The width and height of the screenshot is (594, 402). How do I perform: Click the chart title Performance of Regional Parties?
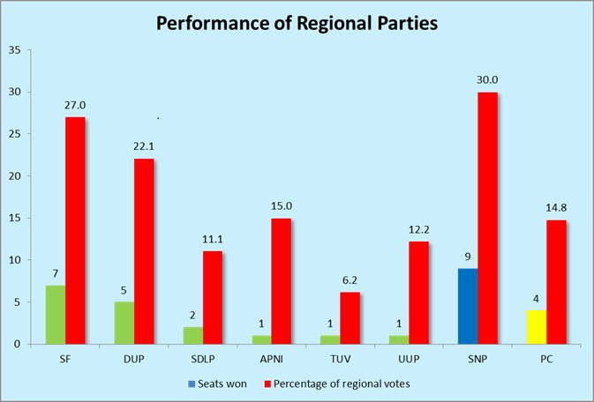[297, 23]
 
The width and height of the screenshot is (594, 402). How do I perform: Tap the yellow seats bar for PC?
[537, 326]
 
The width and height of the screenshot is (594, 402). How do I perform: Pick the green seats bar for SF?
[55, 314]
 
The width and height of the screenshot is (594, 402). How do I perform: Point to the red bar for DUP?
[144, 251]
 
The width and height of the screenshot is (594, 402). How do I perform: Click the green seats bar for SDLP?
[192, 335]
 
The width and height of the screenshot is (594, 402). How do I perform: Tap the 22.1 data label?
[145, 146]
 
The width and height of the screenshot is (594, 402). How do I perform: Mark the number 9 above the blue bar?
[468, 257]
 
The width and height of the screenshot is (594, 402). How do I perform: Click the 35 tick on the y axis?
[16, 49]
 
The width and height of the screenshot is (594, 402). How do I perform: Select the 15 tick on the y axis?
[16, 218]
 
